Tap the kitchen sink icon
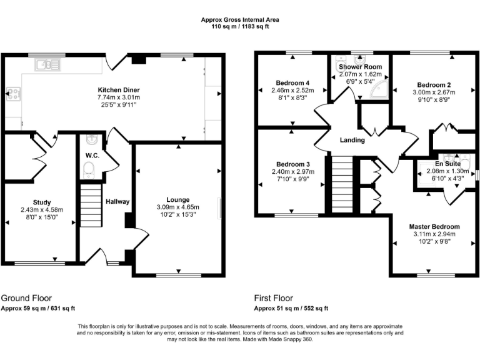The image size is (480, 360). pos(46,63)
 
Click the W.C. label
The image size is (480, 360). pos(91,156)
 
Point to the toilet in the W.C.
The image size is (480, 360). pos(89,167)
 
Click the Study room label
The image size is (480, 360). pos(42,202)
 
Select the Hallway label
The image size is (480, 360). pos(117,201)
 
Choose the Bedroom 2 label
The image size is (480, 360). pos(434,84)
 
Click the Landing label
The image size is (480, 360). pos(352,140)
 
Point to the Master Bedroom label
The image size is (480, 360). pos(434,226)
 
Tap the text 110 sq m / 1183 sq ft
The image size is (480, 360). pos(240,27)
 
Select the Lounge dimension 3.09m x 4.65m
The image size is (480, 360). pos(177,207)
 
